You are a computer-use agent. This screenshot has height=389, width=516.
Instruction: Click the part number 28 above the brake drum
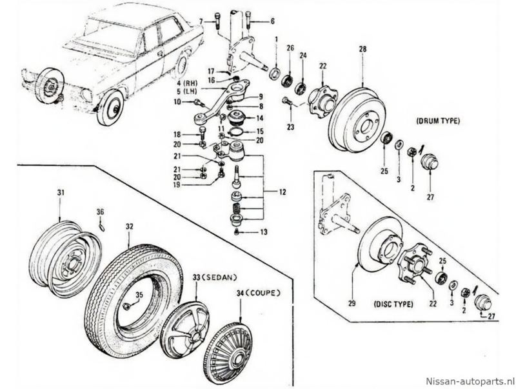(x=362, y=49)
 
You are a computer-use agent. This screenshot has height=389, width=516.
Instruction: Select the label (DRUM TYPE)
(x=439, y=121)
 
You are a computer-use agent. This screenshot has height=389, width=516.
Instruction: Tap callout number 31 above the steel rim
(x=59, y=193)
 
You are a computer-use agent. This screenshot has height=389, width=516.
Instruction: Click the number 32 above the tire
(x=130, y=226)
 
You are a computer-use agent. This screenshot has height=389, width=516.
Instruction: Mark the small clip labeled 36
(x=103, y=225)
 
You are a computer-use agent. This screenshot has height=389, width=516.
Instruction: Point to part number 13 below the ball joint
(x=263, y=232)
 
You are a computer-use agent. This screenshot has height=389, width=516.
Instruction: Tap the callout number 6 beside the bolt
(x=272, y=21)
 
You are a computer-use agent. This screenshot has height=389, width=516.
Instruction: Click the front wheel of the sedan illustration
(x=110, y=108)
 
